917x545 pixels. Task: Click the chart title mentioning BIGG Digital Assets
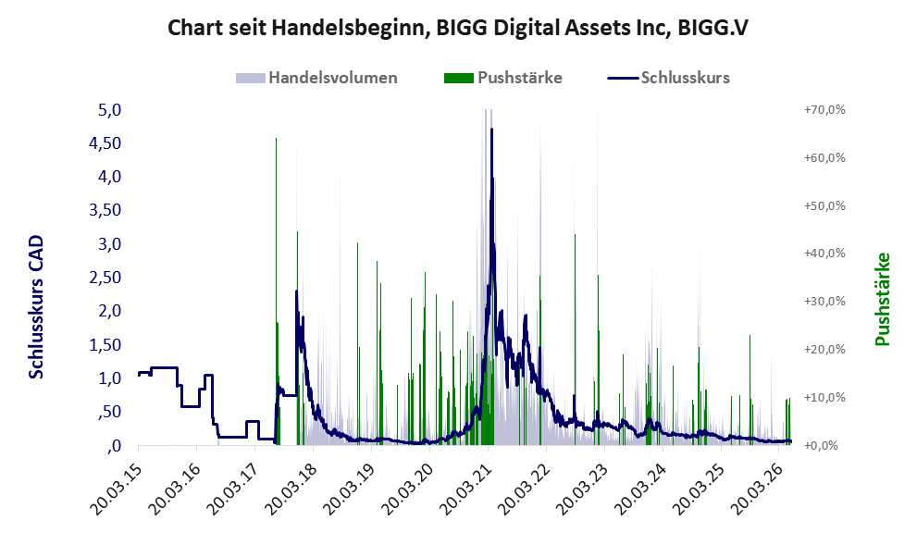pyautogui.click(x=458, y=28)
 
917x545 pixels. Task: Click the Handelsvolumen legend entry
pyautogui.click(x=316, y=78)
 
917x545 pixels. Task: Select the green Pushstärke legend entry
pyautogui.click(x=503, y=78)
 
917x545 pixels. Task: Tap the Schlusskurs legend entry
pyautogui.click(x=668, y=78)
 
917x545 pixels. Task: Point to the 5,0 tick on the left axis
pyautogui.click(x=109, y=110)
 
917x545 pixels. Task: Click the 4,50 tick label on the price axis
pyautogui.click(x=105, y=143)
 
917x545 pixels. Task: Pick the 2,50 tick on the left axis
pyautogui.click(x=105, y=278)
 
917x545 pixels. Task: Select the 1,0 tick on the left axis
pyautogui.click(x=109, y=378)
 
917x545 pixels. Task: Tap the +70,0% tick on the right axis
pyautogui.click(x=824, y=110)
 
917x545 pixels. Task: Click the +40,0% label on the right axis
pyautogui.click(x=824, y=254)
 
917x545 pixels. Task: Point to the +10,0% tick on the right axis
pyautogui.click(x=824, y=397)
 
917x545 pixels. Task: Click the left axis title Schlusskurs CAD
pyautogui.click(x=36, y=307)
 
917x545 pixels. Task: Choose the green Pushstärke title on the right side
pyautogui.click(x=882, y=299)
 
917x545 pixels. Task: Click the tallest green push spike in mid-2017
pyautogui.click(x=276, y=291)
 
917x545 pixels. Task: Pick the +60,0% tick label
pyautogui.click(x=824, y=158)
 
